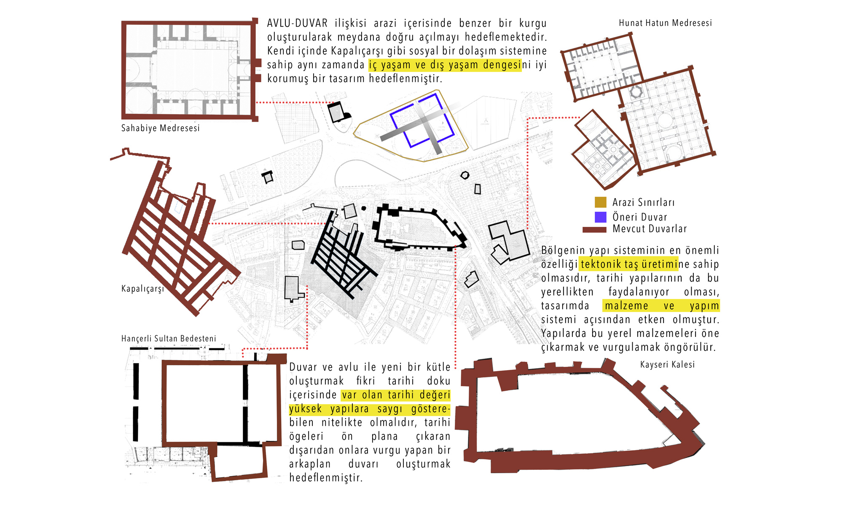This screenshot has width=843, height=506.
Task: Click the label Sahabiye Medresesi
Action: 160,128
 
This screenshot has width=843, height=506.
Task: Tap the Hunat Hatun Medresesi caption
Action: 665,23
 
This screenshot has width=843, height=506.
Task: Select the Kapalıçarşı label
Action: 142,289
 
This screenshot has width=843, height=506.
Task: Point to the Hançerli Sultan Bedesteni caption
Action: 169,339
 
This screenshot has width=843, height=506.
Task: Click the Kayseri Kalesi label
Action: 667,365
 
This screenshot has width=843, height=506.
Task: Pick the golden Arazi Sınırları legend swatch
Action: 600,202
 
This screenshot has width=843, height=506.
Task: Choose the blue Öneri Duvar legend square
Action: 600,217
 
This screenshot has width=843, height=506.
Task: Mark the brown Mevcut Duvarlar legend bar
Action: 594,230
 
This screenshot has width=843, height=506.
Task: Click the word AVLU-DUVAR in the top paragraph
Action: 297,23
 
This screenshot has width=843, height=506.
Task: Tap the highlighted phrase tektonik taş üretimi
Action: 628,264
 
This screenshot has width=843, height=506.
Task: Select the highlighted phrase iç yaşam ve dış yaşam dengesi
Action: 445,65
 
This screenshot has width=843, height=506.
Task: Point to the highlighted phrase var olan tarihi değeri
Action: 396,395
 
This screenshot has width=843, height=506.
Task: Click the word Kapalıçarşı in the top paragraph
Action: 356,51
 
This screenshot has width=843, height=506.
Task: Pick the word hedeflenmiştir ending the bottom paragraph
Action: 326,478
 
